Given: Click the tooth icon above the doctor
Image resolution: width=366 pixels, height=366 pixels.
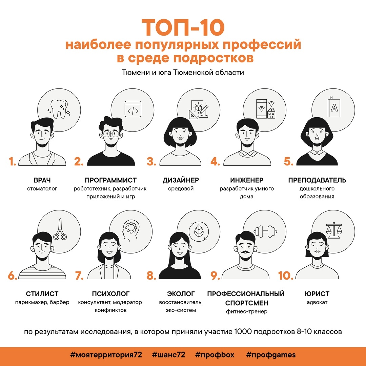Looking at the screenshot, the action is (59, 109).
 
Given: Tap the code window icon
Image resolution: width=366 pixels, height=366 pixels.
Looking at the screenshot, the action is (133, 109).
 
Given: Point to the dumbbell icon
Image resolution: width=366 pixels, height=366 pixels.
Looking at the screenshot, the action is (265, 231).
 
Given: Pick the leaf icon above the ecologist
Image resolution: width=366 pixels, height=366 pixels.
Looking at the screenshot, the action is (199, 231).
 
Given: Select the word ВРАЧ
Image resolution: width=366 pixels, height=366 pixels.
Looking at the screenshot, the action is (42, 180).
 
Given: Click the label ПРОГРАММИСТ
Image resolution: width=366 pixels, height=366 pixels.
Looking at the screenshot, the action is (110, 180).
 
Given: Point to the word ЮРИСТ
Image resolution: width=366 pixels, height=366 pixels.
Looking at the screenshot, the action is (317, 293).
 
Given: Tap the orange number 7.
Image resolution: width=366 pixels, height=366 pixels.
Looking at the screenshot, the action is (79, 276).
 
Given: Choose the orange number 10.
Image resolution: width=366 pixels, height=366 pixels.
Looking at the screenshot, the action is (285, 276).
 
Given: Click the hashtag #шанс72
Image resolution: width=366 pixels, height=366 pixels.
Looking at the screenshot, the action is (168, 355).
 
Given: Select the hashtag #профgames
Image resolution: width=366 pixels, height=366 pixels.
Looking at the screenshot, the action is (271, 355).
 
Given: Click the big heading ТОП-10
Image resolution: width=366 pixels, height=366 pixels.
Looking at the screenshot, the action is (183, 27).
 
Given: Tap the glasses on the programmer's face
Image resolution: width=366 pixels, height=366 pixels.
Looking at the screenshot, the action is (111, 134).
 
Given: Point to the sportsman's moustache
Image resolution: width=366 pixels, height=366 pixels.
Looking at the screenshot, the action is (246, 252).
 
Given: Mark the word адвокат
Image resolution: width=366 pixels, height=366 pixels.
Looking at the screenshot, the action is (317, 302).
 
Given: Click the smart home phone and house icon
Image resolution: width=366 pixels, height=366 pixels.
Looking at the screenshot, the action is (266, 109).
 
